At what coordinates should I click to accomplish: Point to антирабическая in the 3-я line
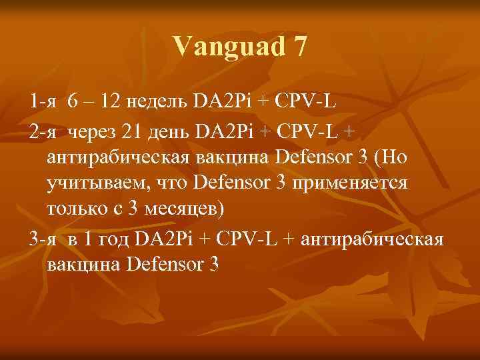(371, 239)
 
